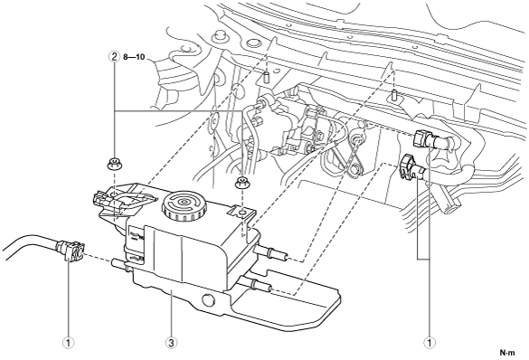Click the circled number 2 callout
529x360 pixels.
(x=114, y=57)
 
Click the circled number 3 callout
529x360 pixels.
(x=172, y=343)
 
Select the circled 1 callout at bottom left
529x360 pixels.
(x=69, y=343)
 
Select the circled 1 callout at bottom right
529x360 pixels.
(x=430, y=343)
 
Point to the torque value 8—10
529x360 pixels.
(x=134, y=57)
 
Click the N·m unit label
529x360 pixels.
(x=507, y=354)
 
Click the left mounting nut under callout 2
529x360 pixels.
(x=114, y=165)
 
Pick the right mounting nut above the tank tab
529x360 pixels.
(x=241, y=183)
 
